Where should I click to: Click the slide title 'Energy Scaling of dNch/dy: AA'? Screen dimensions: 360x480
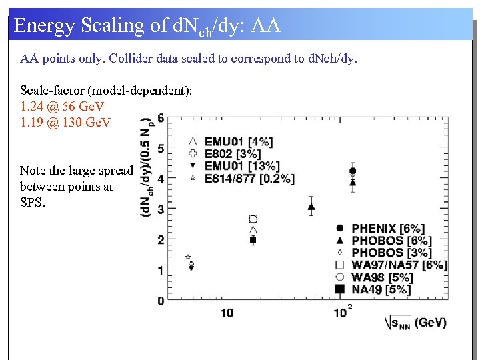(x=147, y=25)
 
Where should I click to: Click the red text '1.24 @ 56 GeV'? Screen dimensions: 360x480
(x=62, y=107)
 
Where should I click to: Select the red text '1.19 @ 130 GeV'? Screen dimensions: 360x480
(x=65, y=123)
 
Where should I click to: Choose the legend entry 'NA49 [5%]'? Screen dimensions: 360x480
(x=381, y=289)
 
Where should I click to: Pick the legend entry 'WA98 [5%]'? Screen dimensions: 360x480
(x=381, y=277)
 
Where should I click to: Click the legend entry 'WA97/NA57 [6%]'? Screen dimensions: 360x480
(x=399, y=265)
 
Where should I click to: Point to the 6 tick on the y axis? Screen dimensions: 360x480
(x=161, y=118)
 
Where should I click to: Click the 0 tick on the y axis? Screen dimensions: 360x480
(x=161, y=301)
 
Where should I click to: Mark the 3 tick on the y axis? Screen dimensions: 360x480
(x=161, y=209)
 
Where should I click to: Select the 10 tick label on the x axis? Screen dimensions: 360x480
(x=227, y=313)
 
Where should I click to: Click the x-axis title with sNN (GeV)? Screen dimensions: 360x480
(x=415, y=323)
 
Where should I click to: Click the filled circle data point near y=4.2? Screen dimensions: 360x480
(x=353, y=171)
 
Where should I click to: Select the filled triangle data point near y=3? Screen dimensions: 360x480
(x=311, y=207)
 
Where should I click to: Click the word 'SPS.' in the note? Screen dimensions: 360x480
(x=33, y=203)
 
